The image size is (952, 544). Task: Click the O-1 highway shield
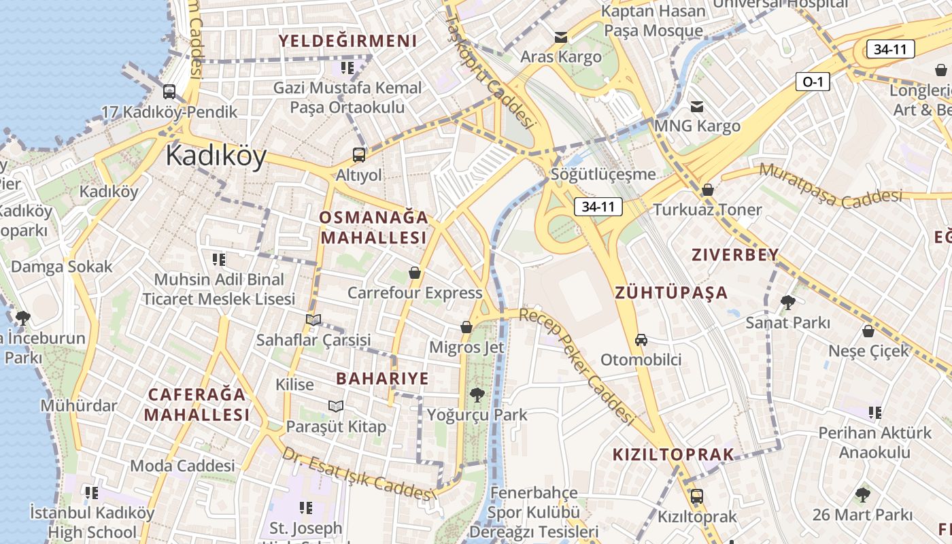[813, 82]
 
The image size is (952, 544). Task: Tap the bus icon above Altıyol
[358, 155]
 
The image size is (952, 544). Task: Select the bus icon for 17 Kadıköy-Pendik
[169, 92]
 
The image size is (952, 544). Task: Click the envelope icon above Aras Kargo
[561, 37]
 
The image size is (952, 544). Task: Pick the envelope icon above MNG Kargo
[697, 107]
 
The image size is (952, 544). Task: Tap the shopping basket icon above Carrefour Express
[415, 273]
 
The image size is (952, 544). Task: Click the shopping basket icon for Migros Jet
[466, 328]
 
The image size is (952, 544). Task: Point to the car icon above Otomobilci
[641, 339]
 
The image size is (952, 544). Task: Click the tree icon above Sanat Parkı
[788, 303]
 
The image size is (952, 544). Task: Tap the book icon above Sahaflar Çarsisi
[313, 320]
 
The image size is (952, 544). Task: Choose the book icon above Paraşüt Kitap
[336, 407]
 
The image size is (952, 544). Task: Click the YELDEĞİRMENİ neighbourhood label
[347, 41]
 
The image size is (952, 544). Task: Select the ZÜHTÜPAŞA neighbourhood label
[671, 293]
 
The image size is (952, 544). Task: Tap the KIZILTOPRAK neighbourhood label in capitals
[673, 455]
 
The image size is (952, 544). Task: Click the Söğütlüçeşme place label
[603, 175]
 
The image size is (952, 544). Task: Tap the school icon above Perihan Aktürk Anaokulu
[875, 413]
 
